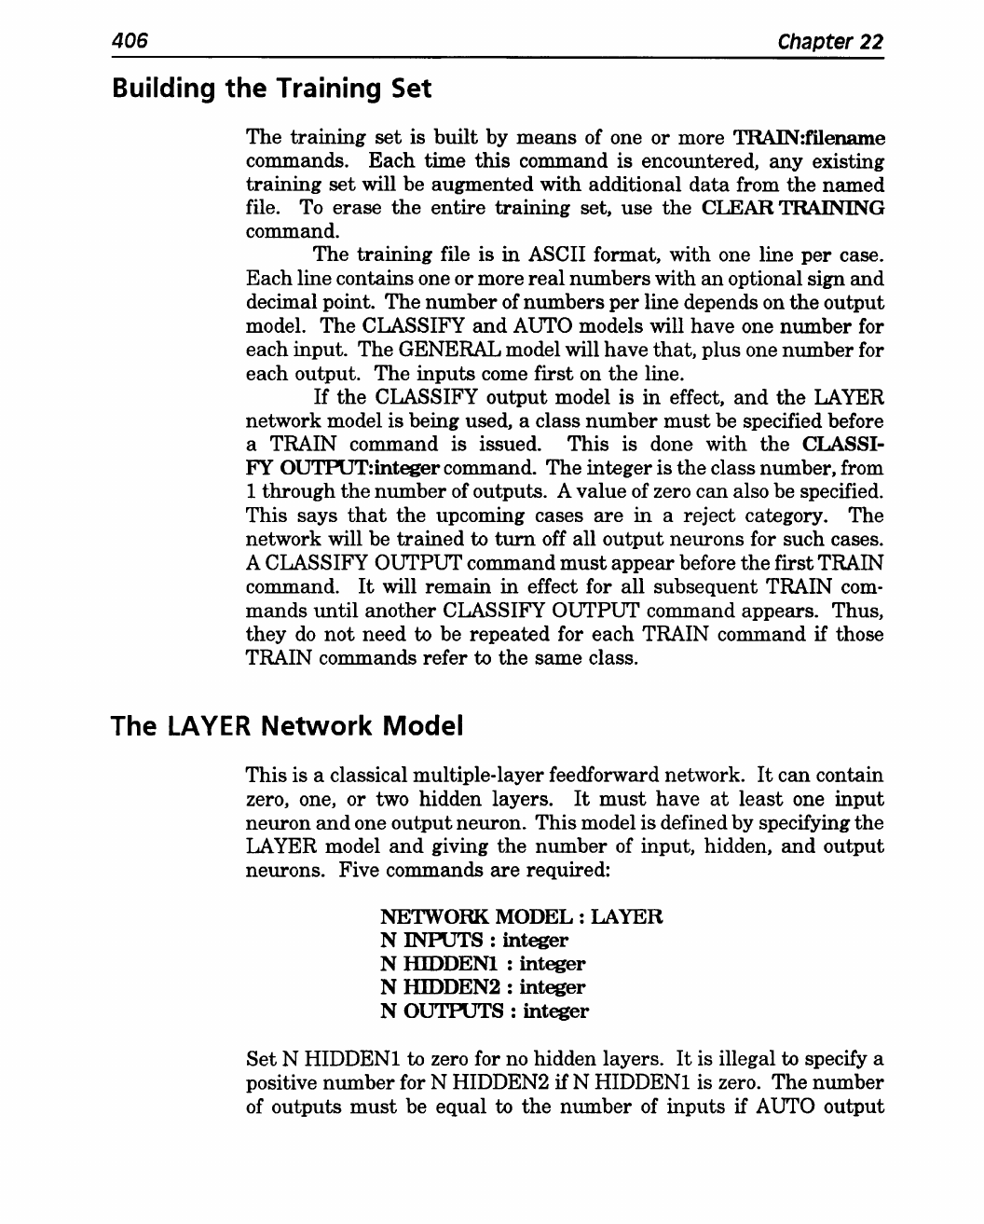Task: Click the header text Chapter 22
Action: click(x=829, y=42)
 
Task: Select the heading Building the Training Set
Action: click(x=271, y=89)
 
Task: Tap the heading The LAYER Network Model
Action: click(x=286, y=726)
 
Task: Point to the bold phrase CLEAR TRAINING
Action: click(x=807, y=208)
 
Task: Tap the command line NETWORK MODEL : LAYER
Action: click(x=521, y=917)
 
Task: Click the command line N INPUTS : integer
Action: click(x=473, y=941)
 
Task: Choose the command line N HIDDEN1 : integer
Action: click(x=483, y=964)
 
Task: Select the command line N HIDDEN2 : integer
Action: click(x=483, y=987)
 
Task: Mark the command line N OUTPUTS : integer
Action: click(x=485, y=1011)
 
